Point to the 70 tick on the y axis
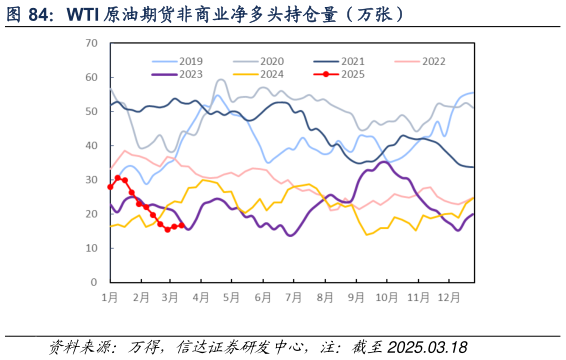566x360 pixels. click(91, 44)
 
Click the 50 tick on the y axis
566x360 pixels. click(91, 112)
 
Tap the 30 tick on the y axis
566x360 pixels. click(91, 180)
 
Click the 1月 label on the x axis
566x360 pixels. click(110, 298)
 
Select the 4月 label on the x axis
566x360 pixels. click(201, 298)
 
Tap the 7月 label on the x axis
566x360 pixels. click(293, 298)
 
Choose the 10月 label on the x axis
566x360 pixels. click(385, 298)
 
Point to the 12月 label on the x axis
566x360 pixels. click(447, 298)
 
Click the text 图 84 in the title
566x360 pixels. click(29, 14)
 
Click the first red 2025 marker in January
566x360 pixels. click(110, 186)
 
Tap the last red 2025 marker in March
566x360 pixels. click(181, 225)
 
